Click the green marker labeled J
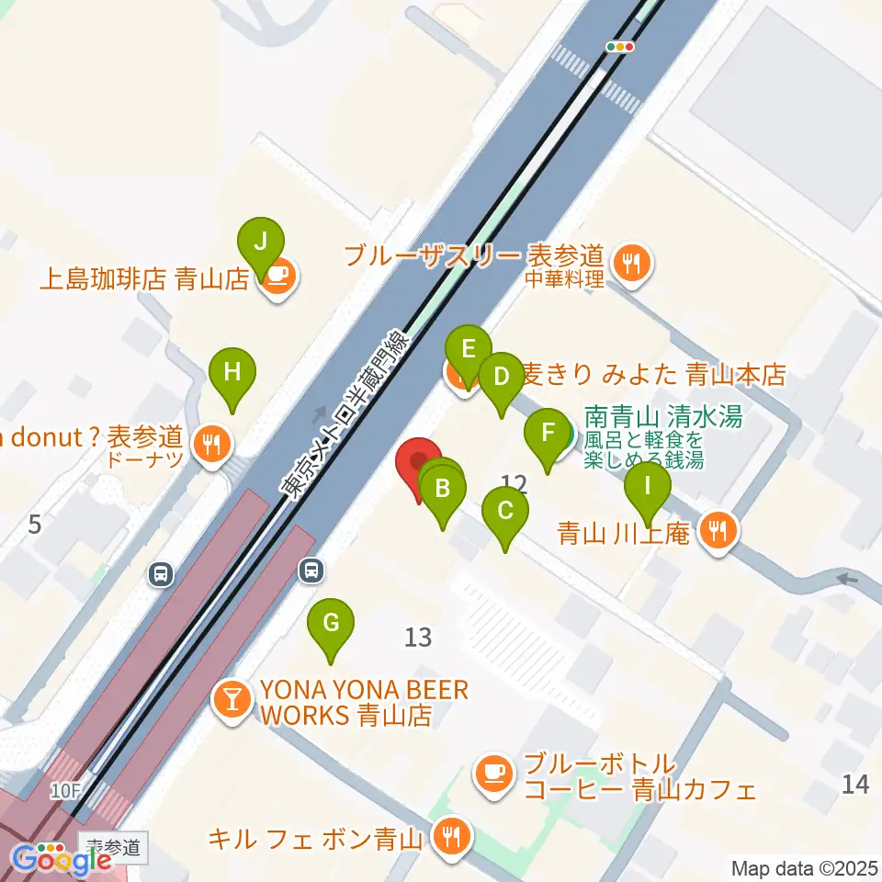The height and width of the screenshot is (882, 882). click(x=261, y=243)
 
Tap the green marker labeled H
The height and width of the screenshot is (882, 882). click(x=232, y=373)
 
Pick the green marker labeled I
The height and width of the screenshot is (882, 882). click(x=648, y=485)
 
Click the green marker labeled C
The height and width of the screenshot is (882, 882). click(x=505, y=511)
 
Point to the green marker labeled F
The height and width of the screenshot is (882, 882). click(x=548, y=433)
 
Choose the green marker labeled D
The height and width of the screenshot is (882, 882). click(x=501, y=378)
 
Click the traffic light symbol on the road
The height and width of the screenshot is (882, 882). click(x=621, y=46)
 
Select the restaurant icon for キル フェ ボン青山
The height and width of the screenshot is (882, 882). click(x=450, y=836)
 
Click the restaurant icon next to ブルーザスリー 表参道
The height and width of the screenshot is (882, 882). click(x=630, y=263)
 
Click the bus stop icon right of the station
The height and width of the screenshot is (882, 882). click(x=312, y=571)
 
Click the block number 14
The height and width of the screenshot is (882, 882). click(x=854, y=784)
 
